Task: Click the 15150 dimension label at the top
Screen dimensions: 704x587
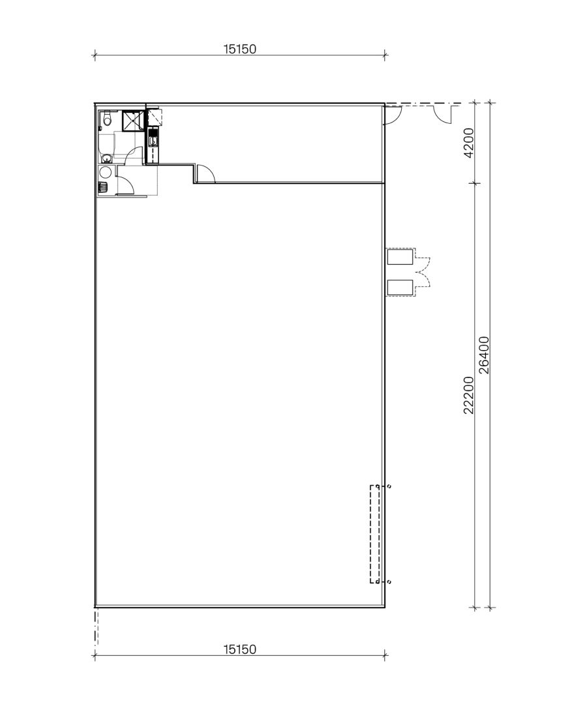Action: (x=240, y=48)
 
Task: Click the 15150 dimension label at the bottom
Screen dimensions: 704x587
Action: (x=240, y=649)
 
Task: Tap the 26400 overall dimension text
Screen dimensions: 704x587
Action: (x=484, y=355)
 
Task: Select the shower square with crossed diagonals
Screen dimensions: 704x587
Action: (x=133, y=121)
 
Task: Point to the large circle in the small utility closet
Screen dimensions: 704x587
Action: (x=104, y=172)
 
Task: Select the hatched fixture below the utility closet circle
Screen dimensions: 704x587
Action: (x=102, y=187)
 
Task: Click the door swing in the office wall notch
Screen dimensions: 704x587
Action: (x=205, y=173)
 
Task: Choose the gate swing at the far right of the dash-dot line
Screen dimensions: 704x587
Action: (x=443, y=113)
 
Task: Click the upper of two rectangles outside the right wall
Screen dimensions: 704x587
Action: (x=400, y=257)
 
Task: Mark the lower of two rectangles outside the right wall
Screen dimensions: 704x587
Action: (x=400, y=287)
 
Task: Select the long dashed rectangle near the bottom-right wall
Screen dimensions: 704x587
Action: (x=375, y=534)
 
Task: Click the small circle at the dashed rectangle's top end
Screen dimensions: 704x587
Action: (x=389, y=486)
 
